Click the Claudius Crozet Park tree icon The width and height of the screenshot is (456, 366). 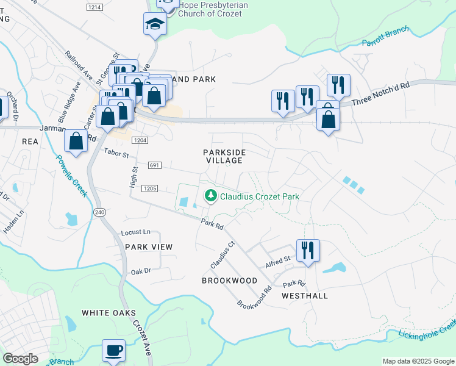click(x=211, y=196)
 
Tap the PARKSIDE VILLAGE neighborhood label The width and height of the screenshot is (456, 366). click(x=223, y=156)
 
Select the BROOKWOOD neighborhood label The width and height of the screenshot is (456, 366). click(x=230, y=280)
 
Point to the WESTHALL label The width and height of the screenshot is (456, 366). click(x=305, y=296)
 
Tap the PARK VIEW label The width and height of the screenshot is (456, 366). click(x=149, y=247)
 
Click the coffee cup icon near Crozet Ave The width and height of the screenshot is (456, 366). click(x=113, y=351)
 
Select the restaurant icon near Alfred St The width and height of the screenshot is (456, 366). click(x=308, y=251)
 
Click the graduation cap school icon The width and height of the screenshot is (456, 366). click(x=155, y=25)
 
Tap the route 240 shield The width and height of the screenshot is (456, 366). click(x=99, y=212)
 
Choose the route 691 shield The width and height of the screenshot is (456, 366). click(x=154, y=165)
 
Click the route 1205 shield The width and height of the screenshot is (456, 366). click(x=150, y=189)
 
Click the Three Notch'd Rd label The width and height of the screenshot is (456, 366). click(x=380, y=95)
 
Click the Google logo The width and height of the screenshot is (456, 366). click(x=20, y=359)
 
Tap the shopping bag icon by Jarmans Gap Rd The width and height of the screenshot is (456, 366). click(x=76, y=141)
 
